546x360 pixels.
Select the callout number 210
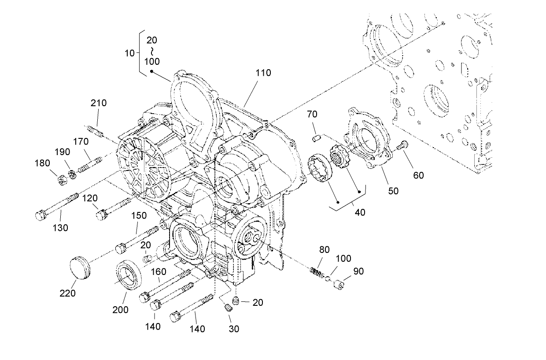99,103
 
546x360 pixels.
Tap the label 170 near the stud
81,141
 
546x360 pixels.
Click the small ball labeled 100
328,278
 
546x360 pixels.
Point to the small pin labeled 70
315,139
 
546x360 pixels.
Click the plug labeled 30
228,308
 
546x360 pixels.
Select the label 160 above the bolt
159,272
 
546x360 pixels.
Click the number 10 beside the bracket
129,53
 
